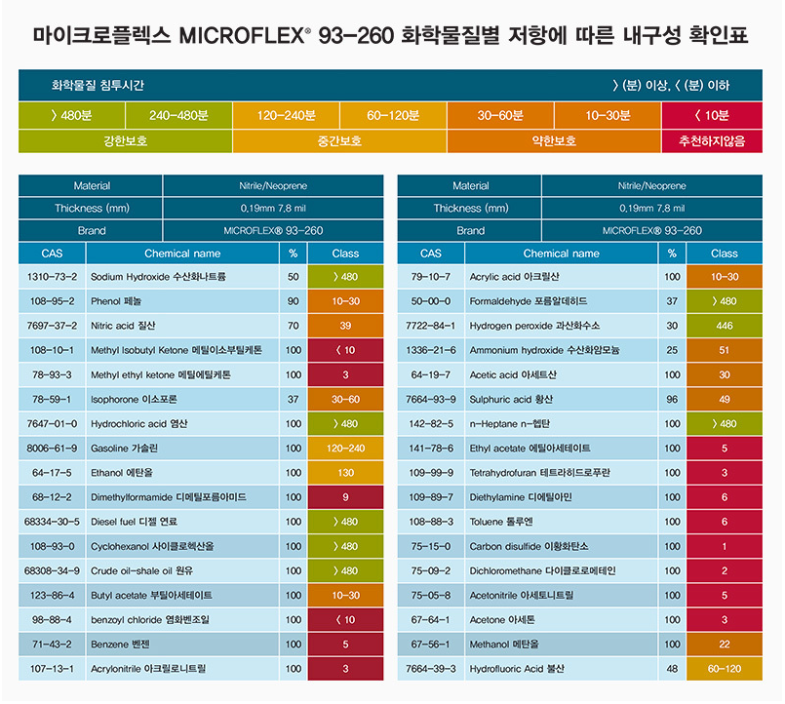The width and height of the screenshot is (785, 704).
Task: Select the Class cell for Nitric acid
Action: pos(345,326)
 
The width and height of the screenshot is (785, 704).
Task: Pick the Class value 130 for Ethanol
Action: pos(345,472)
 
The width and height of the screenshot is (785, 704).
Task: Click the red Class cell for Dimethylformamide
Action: pos(345,496)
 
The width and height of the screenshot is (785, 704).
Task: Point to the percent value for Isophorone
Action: pos(293,399)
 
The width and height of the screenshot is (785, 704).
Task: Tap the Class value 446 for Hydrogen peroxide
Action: pos(725,326)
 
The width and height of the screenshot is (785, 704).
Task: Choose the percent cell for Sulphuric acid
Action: pos(672,399)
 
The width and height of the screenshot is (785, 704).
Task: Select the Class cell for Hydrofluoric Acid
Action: pos(725,669)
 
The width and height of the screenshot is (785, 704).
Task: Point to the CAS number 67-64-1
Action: pos(431,619)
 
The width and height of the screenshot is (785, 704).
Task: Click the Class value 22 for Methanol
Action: pos(725,644)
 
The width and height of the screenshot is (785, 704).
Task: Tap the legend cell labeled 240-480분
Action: pos(178,115)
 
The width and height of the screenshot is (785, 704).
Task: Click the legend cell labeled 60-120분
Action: pos(393,115)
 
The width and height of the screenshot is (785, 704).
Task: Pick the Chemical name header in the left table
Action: pos(182,254)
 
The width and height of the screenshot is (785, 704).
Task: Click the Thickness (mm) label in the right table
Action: pos(471,208)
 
